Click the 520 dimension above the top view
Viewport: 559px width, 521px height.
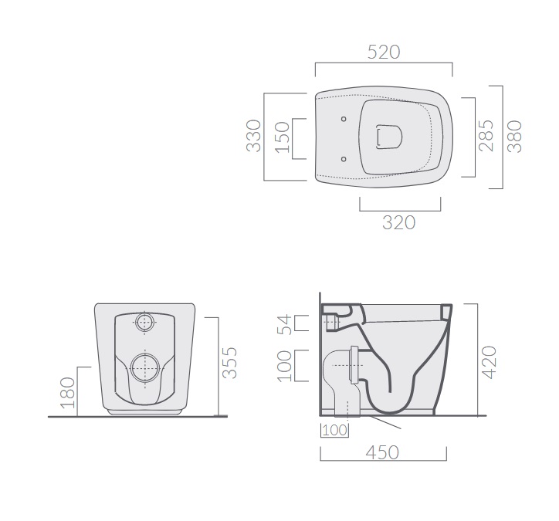(x=384, y=52)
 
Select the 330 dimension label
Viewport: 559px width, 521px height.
(x=254, y=136)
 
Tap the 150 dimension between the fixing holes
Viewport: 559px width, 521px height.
(x=283, y=137)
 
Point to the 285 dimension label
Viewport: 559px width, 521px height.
(x=486, y=136)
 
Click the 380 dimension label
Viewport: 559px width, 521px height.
(x=514, y=137)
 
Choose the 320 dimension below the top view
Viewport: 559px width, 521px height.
(x=399, y=223)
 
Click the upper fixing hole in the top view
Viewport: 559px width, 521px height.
(x=344, y=119)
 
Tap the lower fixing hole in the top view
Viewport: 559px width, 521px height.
(x=344, y=159)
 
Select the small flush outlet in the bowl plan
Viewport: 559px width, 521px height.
(x=389, y=137)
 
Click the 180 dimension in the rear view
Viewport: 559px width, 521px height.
(x=68, y=393)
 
